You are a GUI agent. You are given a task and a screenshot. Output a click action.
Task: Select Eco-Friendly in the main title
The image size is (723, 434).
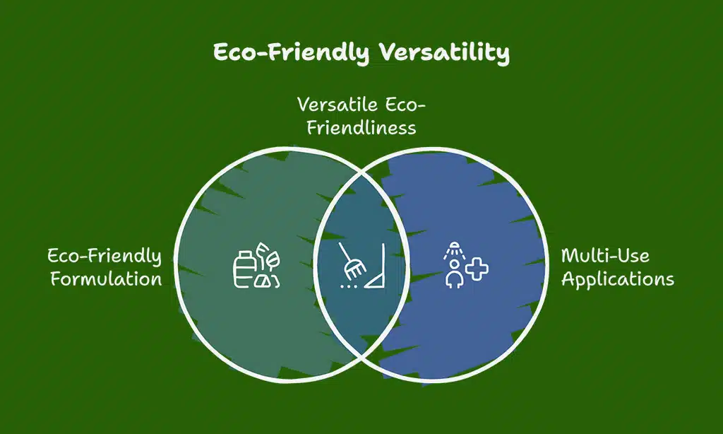click(x=292, y=52)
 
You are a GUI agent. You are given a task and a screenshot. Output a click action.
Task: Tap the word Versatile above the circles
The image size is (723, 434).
click(x=337, y=105)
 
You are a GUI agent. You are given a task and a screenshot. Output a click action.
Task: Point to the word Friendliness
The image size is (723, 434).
click(x=361, y=127)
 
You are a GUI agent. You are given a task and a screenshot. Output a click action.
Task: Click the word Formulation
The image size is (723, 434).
click(x=106, y=279)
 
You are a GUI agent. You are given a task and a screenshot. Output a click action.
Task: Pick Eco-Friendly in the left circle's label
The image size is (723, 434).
click(x=104, y=257)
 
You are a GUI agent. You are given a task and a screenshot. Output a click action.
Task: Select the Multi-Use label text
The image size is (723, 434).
click(x=605, y=255)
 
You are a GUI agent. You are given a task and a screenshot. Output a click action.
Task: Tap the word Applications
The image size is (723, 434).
click(x=618, y=280)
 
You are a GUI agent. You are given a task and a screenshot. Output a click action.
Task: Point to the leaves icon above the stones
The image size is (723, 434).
click(x=268, y=257)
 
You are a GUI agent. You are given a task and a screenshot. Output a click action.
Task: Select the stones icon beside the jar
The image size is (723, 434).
click(x=267, y=281)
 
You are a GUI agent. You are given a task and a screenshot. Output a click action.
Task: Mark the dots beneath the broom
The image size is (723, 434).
click(x=349, y=287)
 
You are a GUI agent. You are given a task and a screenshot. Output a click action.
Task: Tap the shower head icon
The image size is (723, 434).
click(x=454, y=250)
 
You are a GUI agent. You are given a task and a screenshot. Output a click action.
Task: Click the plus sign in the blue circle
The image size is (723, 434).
click(x=477, y=269)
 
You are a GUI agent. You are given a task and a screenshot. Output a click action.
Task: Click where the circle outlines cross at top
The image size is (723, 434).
click(x=361, y=172)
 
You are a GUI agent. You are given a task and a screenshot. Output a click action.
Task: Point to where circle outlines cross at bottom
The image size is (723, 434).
click(x=362, y=356)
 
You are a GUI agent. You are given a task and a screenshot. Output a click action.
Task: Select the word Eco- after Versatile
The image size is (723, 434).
click(x=405, y=105)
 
